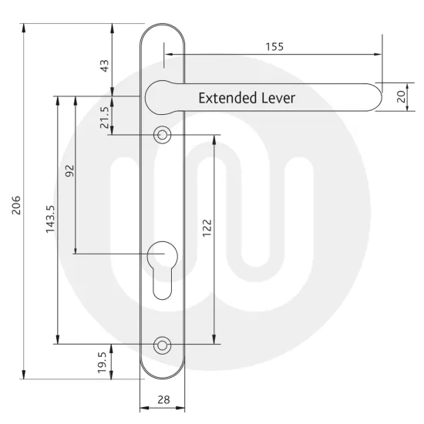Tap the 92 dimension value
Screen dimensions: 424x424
[68, 170]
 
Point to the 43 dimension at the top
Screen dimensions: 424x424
[104, 67]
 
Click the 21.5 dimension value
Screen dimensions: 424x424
[104, 117]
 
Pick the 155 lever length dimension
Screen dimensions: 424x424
[274, 46]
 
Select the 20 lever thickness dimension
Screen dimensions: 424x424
[400, 97]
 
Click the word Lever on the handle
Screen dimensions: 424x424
[276, 99]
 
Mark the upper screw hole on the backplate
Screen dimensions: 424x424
[161, 135]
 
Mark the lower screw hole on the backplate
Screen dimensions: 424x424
[161, 345]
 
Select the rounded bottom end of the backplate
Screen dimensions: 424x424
[161, 375]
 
